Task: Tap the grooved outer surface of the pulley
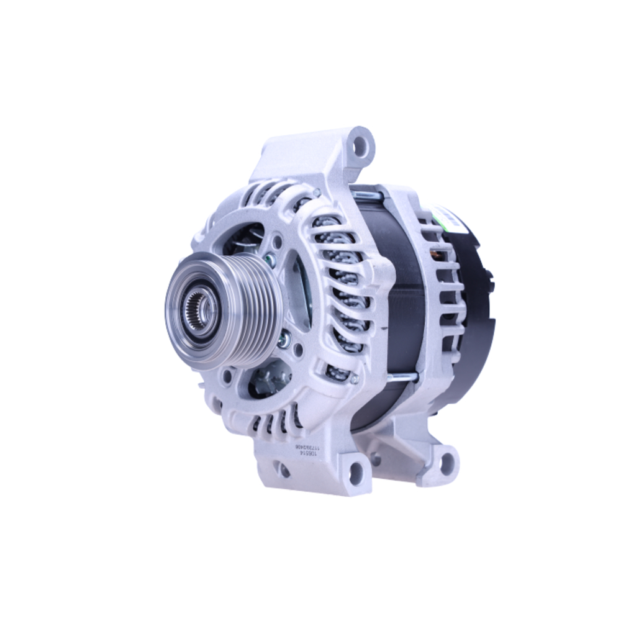[x=248, y=310]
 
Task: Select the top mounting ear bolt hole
[x=362, y=147]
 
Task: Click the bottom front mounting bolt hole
[x=356, y=474]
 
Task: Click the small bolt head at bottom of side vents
[x=354, y=379]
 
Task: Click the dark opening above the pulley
[x=245, y=239]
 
